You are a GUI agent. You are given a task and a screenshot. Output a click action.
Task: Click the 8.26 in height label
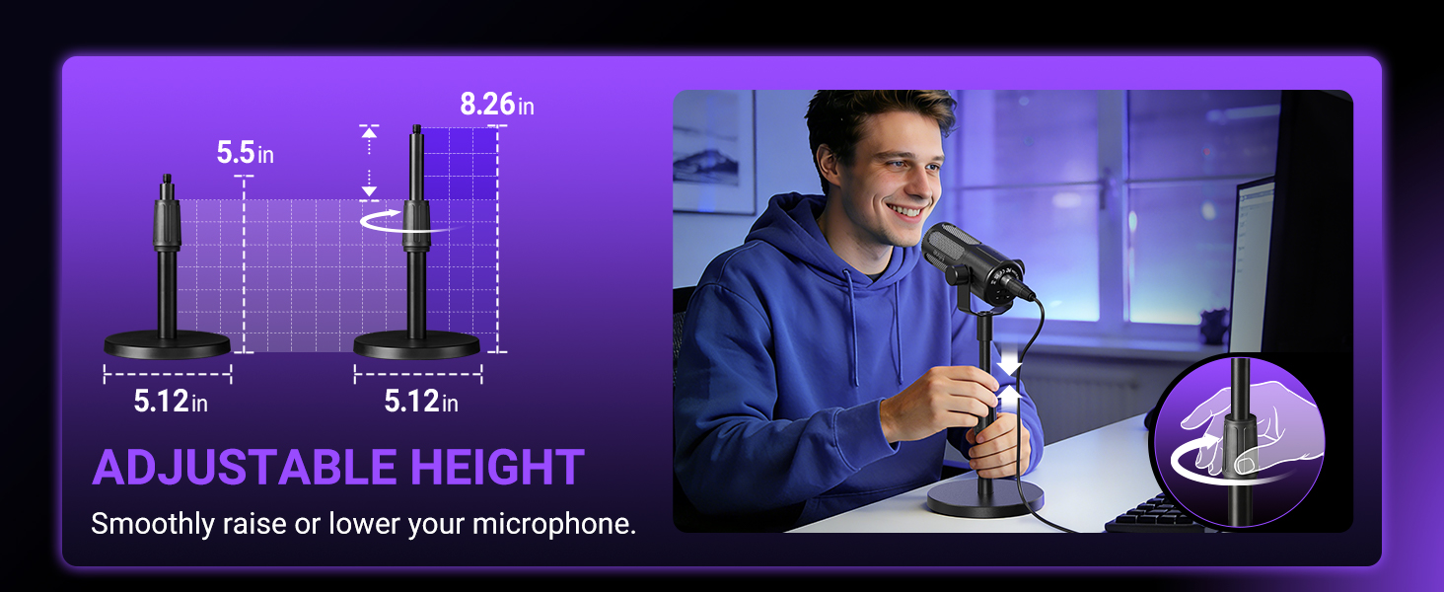pyautogui.click(x=496, y=105)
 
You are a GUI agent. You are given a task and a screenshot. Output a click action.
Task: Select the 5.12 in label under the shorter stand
pyautogui.click(x=171, y=402)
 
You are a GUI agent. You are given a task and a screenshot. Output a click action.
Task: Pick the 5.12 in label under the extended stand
pyautogui.click(x=421, y=402)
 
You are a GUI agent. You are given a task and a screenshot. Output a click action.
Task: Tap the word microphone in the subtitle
pyautogui.click(x=554, y=523)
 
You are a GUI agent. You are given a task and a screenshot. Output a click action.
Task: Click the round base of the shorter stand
pyautogui.click(x=167, y=344)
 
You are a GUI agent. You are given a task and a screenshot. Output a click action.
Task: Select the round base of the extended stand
pyautogui.click(x=416, y=344)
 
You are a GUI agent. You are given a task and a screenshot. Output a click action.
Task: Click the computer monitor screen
pyautogui.click(x=1251, y=261)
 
